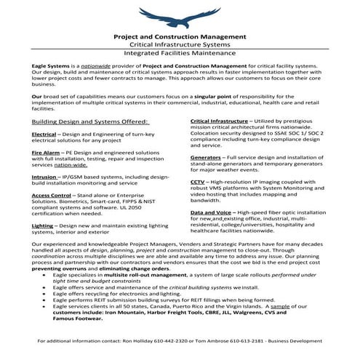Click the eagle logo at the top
tap(180, 16)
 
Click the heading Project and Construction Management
tap(180, 36)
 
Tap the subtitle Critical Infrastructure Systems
tap(180, 44)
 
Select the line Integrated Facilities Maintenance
tap(180, 54)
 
